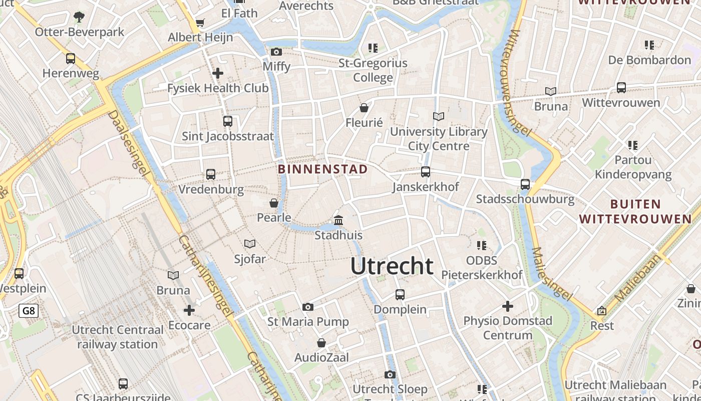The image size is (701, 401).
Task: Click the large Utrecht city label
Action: (x=392, y=266)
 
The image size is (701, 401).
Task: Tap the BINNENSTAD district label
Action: (x=322, y=169)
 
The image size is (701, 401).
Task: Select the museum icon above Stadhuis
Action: (x=338, y=221)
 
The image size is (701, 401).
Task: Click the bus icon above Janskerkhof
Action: (x=426, y=172)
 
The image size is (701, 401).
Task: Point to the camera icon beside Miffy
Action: (x=276, y=52)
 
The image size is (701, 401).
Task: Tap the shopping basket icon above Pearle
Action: (x=274, y=203)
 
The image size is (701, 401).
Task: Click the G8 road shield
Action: (x=29, y=311)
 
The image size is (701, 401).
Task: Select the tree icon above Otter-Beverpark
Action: (x=79, y=17)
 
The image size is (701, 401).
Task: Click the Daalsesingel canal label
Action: (x=129, y=143)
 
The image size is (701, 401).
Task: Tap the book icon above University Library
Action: (x=439, y=117)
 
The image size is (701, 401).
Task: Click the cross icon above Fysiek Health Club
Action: (x=218, y=73)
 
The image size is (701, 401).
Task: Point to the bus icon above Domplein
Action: (x=400, y=295)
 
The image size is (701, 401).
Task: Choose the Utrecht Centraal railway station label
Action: (x=118, y=337)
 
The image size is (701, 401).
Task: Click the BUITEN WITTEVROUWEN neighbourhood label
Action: (x=635, y=211)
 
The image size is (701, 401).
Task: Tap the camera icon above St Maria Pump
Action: (x=308, y=307)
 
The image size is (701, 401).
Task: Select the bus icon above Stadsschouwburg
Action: (x=525, y=184)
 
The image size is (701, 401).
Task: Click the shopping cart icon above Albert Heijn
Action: (x=200, y=23)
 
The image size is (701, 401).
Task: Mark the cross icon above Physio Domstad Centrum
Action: (x=508, y=306)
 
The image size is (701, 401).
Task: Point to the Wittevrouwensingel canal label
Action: (x=519, y=83)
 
